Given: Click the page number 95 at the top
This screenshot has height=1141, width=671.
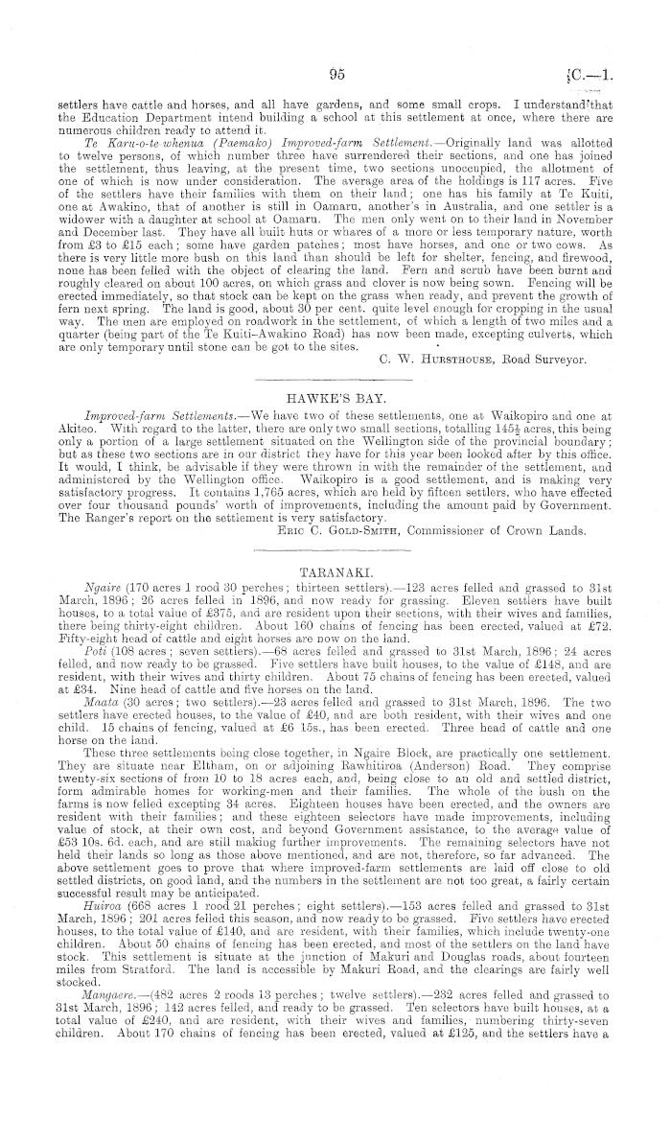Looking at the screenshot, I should coord(335,73).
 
